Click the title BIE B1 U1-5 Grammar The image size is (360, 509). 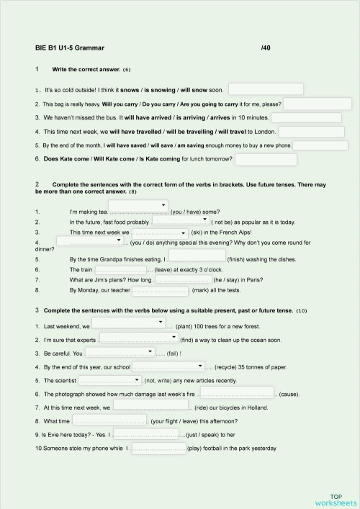70,49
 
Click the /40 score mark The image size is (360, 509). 269,49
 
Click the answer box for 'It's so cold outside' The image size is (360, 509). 266,89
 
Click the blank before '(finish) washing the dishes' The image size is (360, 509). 197,258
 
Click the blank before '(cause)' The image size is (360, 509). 238,394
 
